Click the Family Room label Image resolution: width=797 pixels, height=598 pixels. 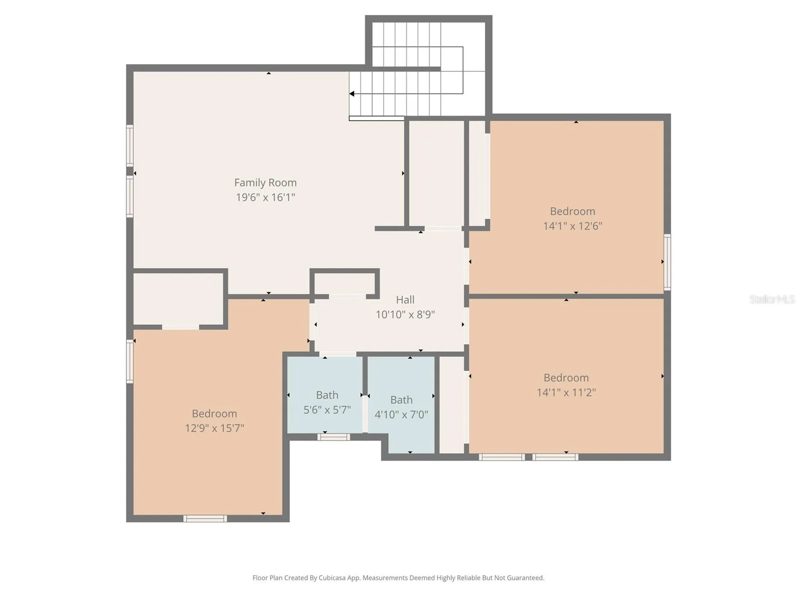(x=265, y=183)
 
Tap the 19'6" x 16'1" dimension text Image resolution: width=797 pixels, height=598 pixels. (x=265, y=197)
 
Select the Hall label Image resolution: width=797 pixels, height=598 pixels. (x=405, y=300)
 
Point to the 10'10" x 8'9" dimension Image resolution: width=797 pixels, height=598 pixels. (x=405, y=314)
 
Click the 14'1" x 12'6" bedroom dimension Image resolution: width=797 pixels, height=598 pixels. (x=572, y=226)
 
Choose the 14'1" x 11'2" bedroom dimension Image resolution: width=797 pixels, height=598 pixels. (x=566, y=392)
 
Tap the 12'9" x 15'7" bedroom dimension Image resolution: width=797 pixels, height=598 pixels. (x=214, y=428)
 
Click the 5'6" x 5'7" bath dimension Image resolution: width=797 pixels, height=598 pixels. (x=327, y=410)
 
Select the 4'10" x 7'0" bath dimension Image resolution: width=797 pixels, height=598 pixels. (x=401, y=414)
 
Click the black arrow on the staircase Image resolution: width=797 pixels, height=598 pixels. (x=352, y=94)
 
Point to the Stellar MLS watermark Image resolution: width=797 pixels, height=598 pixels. (x=772, y=299)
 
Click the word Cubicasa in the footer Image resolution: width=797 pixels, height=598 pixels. (x=332, y=578)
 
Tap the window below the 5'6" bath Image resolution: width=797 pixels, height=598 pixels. (x=334, y=437)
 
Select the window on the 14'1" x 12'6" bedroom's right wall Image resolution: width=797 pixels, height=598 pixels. (x=667, y=262)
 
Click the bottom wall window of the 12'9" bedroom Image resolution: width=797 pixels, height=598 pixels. (x=205, y=518)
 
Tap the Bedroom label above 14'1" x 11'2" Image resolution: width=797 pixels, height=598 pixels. (x=566, y=377)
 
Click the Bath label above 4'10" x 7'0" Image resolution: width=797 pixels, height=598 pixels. (x=401, y=399)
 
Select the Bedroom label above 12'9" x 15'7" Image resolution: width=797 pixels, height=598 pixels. (x=214, y=414)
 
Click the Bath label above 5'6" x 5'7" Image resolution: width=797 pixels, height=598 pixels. (x=327, y=395)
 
